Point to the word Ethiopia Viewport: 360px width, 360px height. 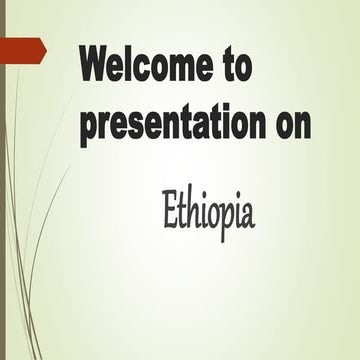(x=208, y=211)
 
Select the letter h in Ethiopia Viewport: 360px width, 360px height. (x=192, y=209)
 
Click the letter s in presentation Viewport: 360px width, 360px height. (x=135, y=126)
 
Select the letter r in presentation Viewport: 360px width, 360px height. (x=104, y=126)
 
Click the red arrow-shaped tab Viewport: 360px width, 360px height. (x=22, y=48)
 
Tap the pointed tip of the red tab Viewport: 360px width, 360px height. (x=45, y=48)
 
